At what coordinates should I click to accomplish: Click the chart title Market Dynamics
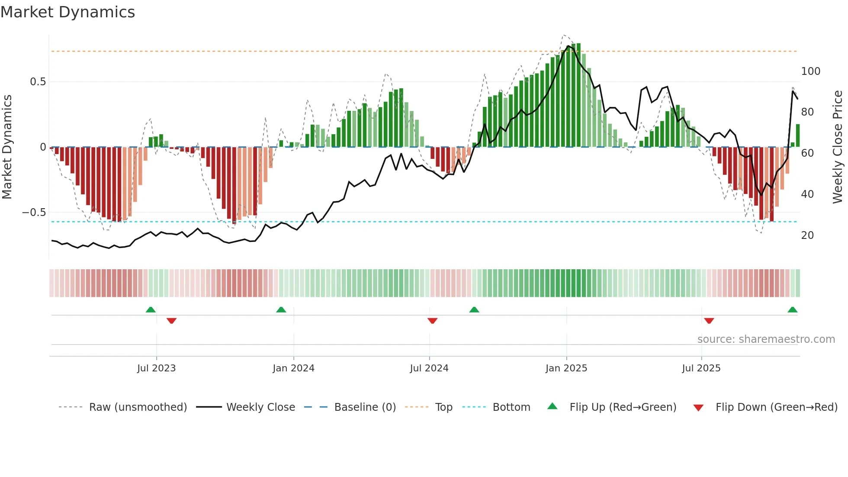coord(68,12)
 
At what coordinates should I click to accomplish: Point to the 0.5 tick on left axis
coord(38,82)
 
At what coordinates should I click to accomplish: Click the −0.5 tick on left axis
coord(34,213)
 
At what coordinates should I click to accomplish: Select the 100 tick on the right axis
coord(810,71)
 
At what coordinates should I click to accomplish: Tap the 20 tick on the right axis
coord(807,235)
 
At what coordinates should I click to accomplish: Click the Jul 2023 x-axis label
coord(156,368)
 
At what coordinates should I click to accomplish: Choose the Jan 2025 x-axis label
coord(566,368)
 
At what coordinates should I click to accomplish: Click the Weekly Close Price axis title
coord(838,147)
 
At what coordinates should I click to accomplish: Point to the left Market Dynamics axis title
coord(7,147)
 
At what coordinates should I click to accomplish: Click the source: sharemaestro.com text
coord(766,339)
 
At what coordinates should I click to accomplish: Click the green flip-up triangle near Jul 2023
coord(151,310)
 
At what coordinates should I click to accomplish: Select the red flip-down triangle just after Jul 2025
coord(709,321)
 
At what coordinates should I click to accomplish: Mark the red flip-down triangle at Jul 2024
coord(432,321)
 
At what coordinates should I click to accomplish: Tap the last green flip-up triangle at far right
coord(792,310)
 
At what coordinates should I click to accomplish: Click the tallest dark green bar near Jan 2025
coord(578,95)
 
